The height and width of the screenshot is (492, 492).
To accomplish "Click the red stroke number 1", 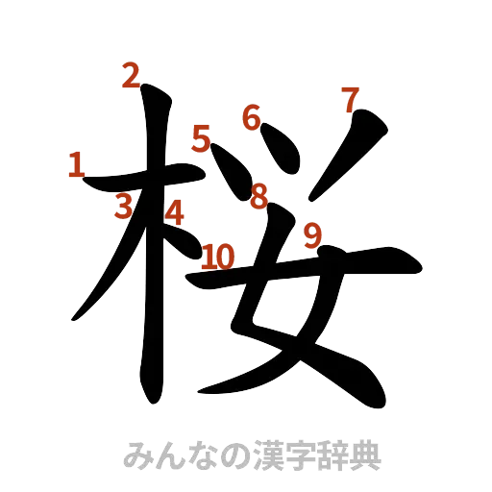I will pos(75,163).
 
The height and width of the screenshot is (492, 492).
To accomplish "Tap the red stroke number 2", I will pos(131,75).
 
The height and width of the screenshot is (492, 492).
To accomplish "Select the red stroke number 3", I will pos(123,206).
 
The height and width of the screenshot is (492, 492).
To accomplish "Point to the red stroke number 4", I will pos(174,210).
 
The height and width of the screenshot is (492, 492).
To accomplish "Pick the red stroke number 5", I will pos(201,139).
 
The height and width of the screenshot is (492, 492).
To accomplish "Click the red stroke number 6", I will pos(251,117).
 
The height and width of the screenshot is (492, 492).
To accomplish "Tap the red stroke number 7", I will pos(350,98).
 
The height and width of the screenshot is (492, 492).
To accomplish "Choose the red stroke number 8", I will pos(258,196).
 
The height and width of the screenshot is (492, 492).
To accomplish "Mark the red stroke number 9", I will pos(311,234).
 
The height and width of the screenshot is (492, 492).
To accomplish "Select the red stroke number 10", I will pos(218,256).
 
